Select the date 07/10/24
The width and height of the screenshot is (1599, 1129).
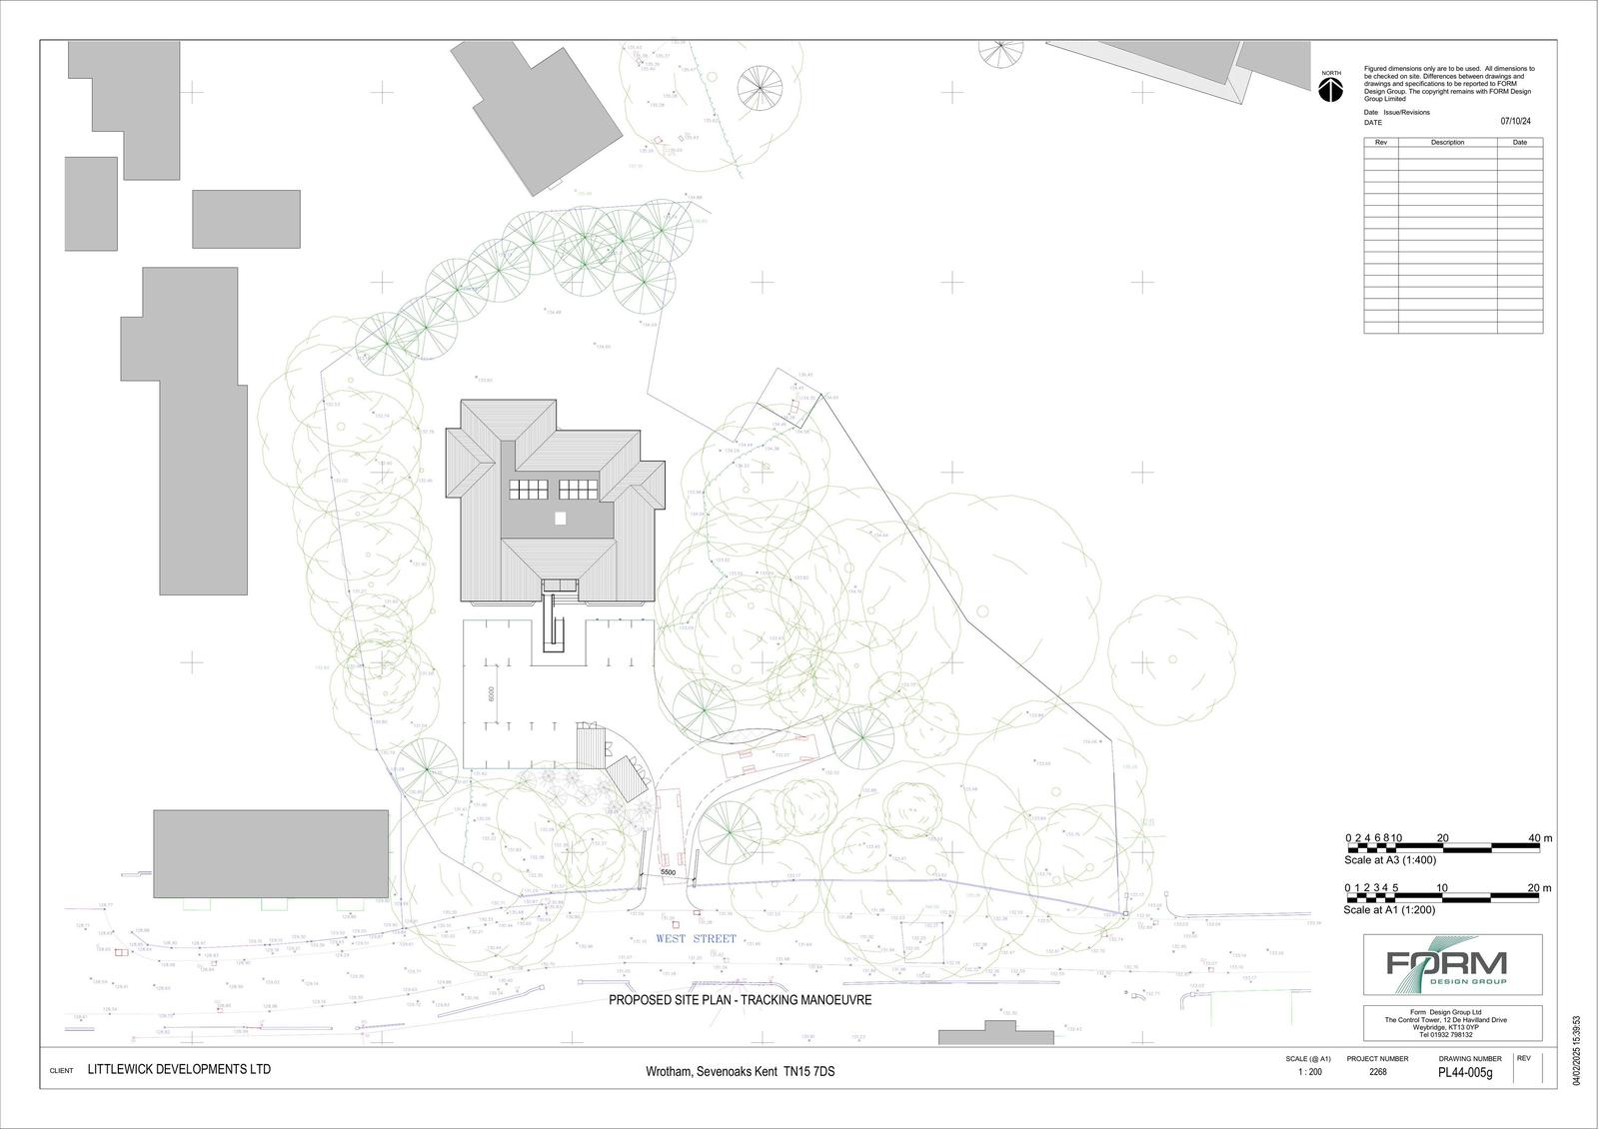[x=1515, y=122]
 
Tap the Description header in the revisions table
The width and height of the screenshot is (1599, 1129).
[x=1446, y=142]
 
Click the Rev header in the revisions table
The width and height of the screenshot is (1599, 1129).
[x=1381, y=142]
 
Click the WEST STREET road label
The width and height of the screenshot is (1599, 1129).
[x=696, y=939]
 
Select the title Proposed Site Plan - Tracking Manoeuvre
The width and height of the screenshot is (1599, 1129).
[x=741, y=999]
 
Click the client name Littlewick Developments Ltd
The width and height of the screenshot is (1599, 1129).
[x=179, y=1069]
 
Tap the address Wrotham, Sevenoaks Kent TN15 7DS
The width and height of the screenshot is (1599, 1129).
[x=740, y=1072]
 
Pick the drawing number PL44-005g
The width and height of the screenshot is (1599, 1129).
[x=1464, y=1073]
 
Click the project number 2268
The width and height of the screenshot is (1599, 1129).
[x=1377, y=1071]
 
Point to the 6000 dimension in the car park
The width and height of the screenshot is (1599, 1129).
[x=492, y=694]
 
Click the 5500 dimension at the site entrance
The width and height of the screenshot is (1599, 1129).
[x=669, y=873]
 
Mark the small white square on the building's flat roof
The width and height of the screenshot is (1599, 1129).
[x=561, y=518]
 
